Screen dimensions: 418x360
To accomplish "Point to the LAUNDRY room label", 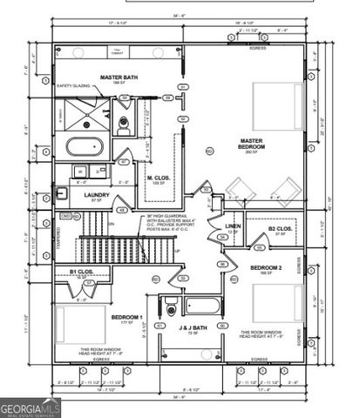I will coord(96,197).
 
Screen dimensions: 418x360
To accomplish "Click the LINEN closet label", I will coord(233,228).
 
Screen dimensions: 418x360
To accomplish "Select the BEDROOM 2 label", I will coord(266,269).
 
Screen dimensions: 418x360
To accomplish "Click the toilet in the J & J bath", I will coord(171,308).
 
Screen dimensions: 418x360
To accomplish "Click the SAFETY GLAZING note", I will coord(74,87).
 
